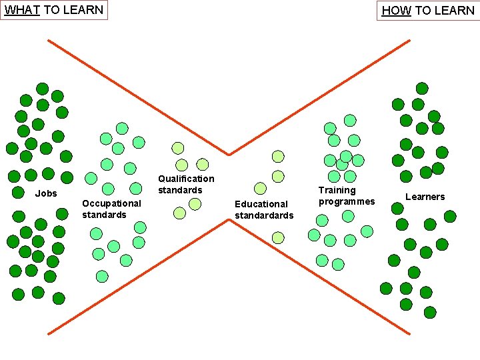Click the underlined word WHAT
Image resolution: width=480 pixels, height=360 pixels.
coord(22,10)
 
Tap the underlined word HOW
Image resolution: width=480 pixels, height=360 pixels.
coord(396,11)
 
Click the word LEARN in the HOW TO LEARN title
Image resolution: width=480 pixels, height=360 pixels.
coord(453,11)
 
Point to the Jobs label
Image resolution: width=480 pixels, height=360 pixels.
coord(46,193)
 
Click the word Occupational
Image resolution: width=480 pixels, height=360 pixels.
coord(111,203)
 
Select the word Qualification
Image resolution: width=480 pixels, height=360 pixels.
coord(186,179)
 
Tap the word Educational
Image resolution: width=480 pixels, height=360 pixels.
coord(261,204)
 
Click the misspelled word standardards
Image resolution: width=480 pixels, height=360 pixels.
coord(264,215)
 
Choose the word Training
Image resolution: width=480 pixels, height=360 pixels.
coord(337,190)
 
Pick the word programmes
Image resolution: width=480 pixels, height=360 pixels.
coord(347,201)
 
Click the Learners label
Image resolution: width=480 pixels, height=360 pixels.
coord(425,197)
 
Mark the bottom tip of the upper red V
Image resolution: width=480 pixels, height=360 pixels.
coord(229,155)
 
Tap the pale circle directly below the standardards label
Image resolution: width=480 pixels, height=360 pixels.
coord(278,237)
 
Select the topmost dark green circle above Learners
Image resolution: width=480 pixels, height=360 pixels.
coord(422,88)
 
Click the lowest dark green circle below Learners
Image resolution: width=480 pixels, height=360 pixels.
coord(430,311)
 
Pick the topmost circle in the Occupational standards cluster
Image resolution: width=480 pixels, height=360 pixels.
coord(122,128)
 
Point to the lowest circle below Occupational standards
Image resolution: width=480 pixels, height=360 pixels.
coord(102,276)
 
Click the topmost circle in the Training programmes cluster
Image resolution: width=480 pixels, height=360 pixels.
coord(350,121)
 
